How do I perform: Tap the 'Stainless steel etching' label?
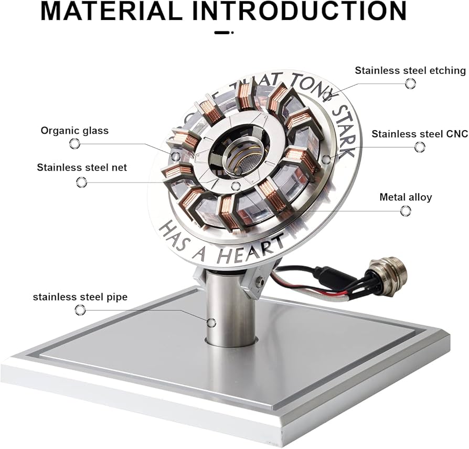click(410, 70)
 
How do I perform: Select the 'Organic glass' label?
click(74, 130)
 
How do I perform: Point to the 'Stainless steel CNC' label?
click(419, 134)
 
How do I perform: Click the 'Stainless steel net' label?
click(82, 168)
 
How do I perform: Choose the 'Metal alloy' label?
click(406, 197)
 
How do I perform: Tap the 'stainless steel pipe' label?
click(80, 297)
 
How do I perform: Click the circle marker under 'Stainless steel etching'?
click(410, 84)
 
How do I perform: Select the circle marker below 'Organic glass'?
click(74, 144)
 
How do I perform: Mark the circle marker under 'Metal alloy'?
click(405, 211)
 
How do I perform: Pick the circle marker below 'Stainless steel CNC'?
click(419, 147)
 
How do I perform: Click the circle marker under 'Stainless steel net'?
click(81, 182)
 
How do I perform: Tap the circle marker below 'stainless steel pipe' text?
click(80, 310)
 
